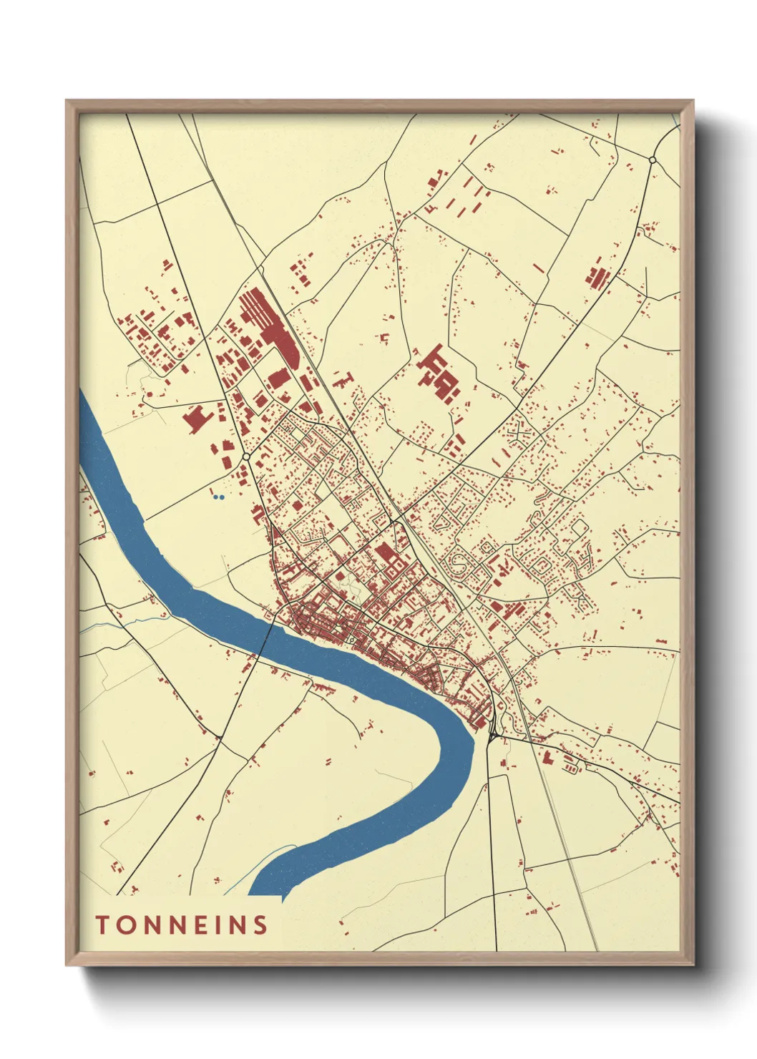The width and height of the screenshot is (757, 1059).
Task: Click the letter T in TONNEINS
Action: (x=102, y=924)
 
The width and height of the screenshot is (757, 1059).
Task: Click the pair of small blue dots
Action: (x=220, y=497)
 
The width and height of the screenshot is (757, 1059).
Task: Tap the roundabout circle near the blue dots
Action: (x=245, y=455)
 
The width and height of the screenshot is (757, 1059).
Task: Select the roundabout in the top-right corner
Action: (x=652, y=159)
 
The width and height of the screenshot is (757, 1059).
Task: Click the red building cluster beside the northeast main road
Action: (x=596, y=276)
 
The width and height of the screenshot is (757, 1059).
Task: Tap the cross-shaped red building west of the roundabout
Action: (x=195, y=419)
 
